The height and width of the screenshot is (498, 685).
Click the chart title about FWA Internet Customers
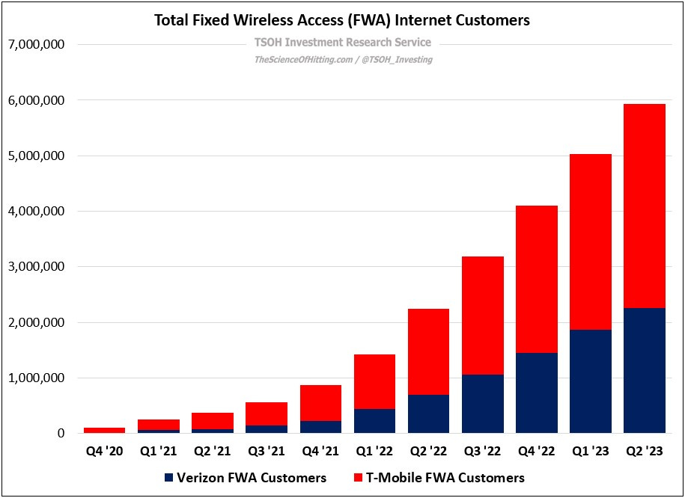point(342,20)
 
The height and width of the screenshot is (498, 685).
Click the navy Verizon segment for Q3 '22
point(483,404)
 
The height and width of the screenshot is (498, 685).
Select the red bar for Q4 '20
point(104,430)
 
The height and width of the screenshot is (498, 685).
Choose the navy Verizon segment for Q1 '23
point(591,381)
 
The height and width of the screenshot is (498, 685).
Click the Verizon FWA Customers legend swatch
point(169,477)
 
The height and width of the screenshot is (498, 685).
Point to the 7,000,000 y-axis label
point(35,45)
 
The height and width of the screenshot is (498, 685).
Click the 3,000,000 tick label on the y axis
point(35,267)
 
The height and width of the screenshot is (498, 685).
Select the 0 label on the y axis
point(61,434)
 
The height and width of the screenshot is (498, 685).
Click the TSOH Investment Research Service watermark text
point(342,43)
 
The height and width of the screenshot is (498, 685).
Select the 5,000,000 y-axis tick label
point(35,156)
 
